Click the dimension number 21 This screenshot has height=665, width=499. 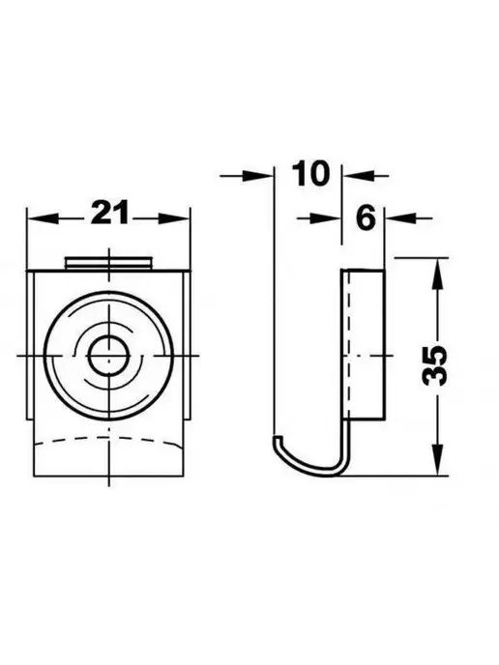point(109,213)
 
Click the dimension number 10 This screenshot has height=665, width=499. point(310,173)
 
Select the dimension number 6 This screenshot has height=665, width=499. point(366,217)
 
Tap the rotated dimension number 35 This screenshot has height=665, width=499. point(435,365)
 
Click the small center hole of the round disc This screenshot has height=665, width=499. point(109,357)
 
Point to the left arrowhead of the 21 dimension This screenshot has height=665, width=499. point(42,218)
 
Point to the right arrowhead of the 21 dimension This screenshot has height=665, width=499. point(174,218)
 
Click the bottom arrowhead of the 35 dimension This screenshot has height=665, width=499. point(437,460)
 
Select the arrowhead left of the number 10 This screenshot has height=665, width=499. point(256,175)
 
